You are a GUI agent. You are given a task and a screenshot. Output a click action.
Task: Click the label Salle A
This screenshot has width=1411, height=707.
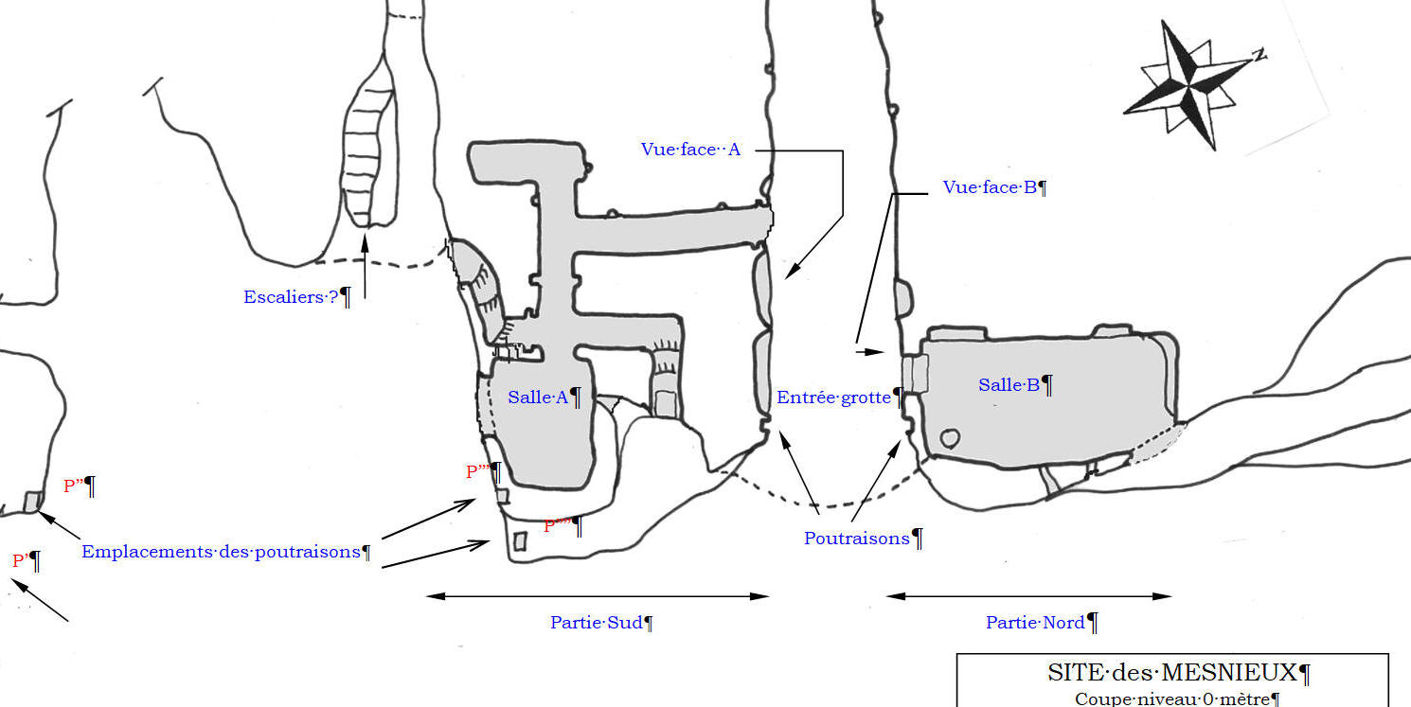click(x=538, y=398)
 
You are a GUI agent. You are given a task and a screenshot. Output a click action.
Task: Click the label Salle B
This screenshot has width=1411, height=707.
click(x=1009, y=385)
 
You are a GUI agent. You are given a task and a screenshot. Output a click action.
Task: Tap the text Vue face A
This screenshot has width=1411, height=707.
click(x=690, y=150)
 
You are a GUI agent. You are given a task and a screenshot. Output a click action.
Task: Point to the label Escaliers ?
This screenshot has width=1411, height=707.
click(x=291, y=297)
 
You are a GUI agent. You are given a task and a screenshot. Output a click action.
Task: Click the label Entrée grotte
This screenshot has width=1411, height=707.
click(x=833, y=398)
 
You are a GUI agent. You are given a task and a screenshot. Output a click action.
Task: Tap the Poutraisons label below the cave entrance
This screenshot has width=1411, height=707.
click(x=856, y=539)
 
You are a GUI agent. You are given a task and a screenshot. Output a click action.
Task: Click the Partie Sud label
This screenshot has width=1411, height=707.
click(x=596, y=623)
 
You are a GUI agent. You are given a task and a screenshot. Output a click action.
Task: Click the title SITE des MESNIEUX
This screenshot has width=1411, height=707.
click(x=1171, y=673)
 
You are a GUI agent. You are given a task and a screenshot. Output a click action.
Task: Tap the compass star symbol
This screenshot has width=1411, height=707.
click(x=1189, y=85)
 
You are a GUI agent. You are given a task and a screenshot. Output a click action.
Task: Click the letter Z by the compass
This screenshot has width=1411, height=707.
click(x=1259, y=55)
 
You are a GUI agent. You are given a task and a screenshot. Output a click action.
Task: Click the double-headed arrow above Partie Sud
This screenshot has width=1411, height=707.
click(x=598, y=596)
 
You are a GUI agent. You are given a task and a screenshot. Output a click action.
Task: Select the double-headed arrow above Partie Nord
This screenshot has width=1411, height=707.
click(x=1028, y=596)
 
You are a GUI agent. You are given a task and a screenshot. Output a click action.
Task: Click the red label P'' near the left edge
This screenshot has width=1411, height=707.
click(x=72, y=486)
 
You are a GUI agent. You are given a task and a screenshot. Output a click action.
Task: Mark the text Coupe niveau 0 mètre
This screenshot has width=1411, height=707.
click(x=1171, y=699)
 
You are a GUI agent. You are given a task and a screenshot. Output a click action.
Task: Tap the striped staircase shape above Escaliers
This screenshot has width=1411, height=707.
click(x=367, y=151)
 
